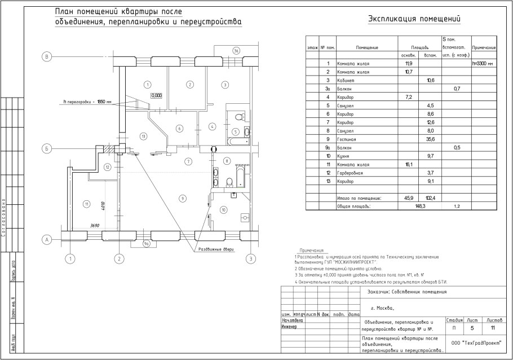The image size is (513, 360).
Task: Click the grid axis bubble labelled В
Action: click(x=48, y=56)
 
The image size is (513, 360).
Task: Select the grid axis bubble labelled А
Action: click(x=48, y=239)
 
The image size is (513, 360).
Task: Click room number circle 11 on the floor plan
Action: click(x=86, y=204)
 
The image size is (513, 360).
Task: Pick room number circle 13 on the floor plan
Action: click(x=144, y=136)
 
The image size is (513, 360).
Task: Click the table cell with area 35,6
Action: click(x=431, y=139)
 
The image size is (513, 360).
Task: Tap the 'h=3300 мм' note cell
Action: click(x=483, y=64)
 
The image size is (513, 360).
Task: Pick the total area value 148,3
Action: click(x=418, y=207)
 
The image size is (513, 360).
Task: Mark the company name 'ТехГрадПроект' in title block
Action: click(x=475, y=343)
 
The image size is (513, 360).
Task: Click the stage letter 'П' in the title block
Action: click(x=454, y=328)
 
